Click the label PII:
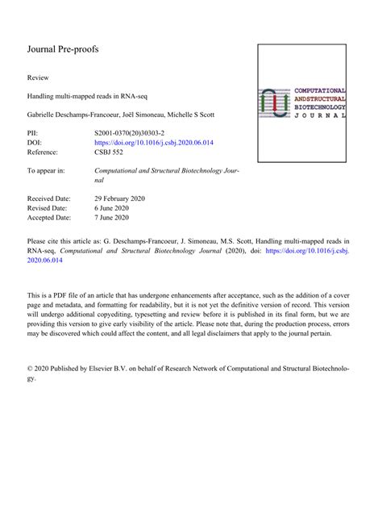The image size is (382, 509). point(33,131)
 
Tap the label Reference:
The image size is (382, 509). point(47,151)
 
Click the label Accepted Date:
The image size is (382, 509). point(50,217)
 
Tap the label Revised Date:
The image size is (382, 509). point(48,207)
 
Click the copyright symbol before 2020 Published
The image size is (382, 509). point(31,369)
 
